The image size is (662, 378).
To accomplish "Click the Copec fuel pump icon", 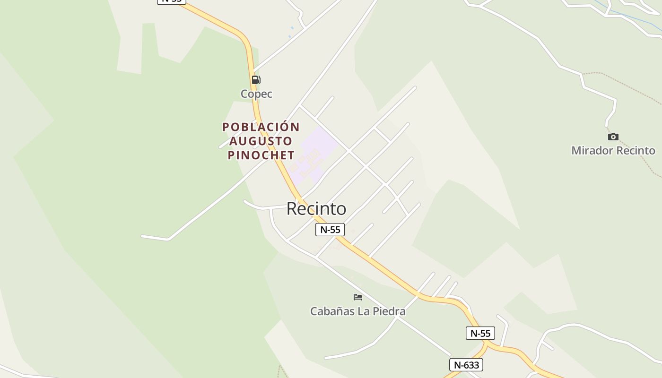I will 256,80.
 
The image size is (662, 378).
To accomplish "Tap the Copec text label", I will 256,94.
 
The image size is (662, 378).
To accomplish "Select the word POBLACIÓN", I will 261,127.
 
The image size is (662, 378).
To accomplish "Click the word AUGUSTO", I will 261,141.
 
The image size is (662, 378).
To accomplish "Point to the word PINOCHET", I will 261,155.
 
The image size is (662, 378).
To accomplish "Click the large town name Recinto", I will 316,208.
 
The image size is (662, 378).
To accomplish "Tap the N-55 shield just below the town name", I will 330,230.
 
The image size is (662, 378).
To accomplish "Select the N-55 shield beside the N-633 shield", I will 480,333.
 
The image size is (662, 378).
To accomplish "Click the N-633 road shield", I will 466,365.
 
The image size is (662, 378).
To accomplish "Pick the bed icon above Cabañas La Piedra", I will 358,297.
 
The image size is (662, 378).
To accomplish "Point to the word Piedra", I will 390,311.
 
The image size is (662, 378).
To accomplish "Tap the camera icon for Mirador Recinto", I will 613,137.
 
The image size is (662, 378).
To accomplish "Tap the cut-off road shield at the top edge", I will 171,1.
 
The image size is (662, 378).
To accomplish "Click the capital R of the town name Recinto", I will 293,208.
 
